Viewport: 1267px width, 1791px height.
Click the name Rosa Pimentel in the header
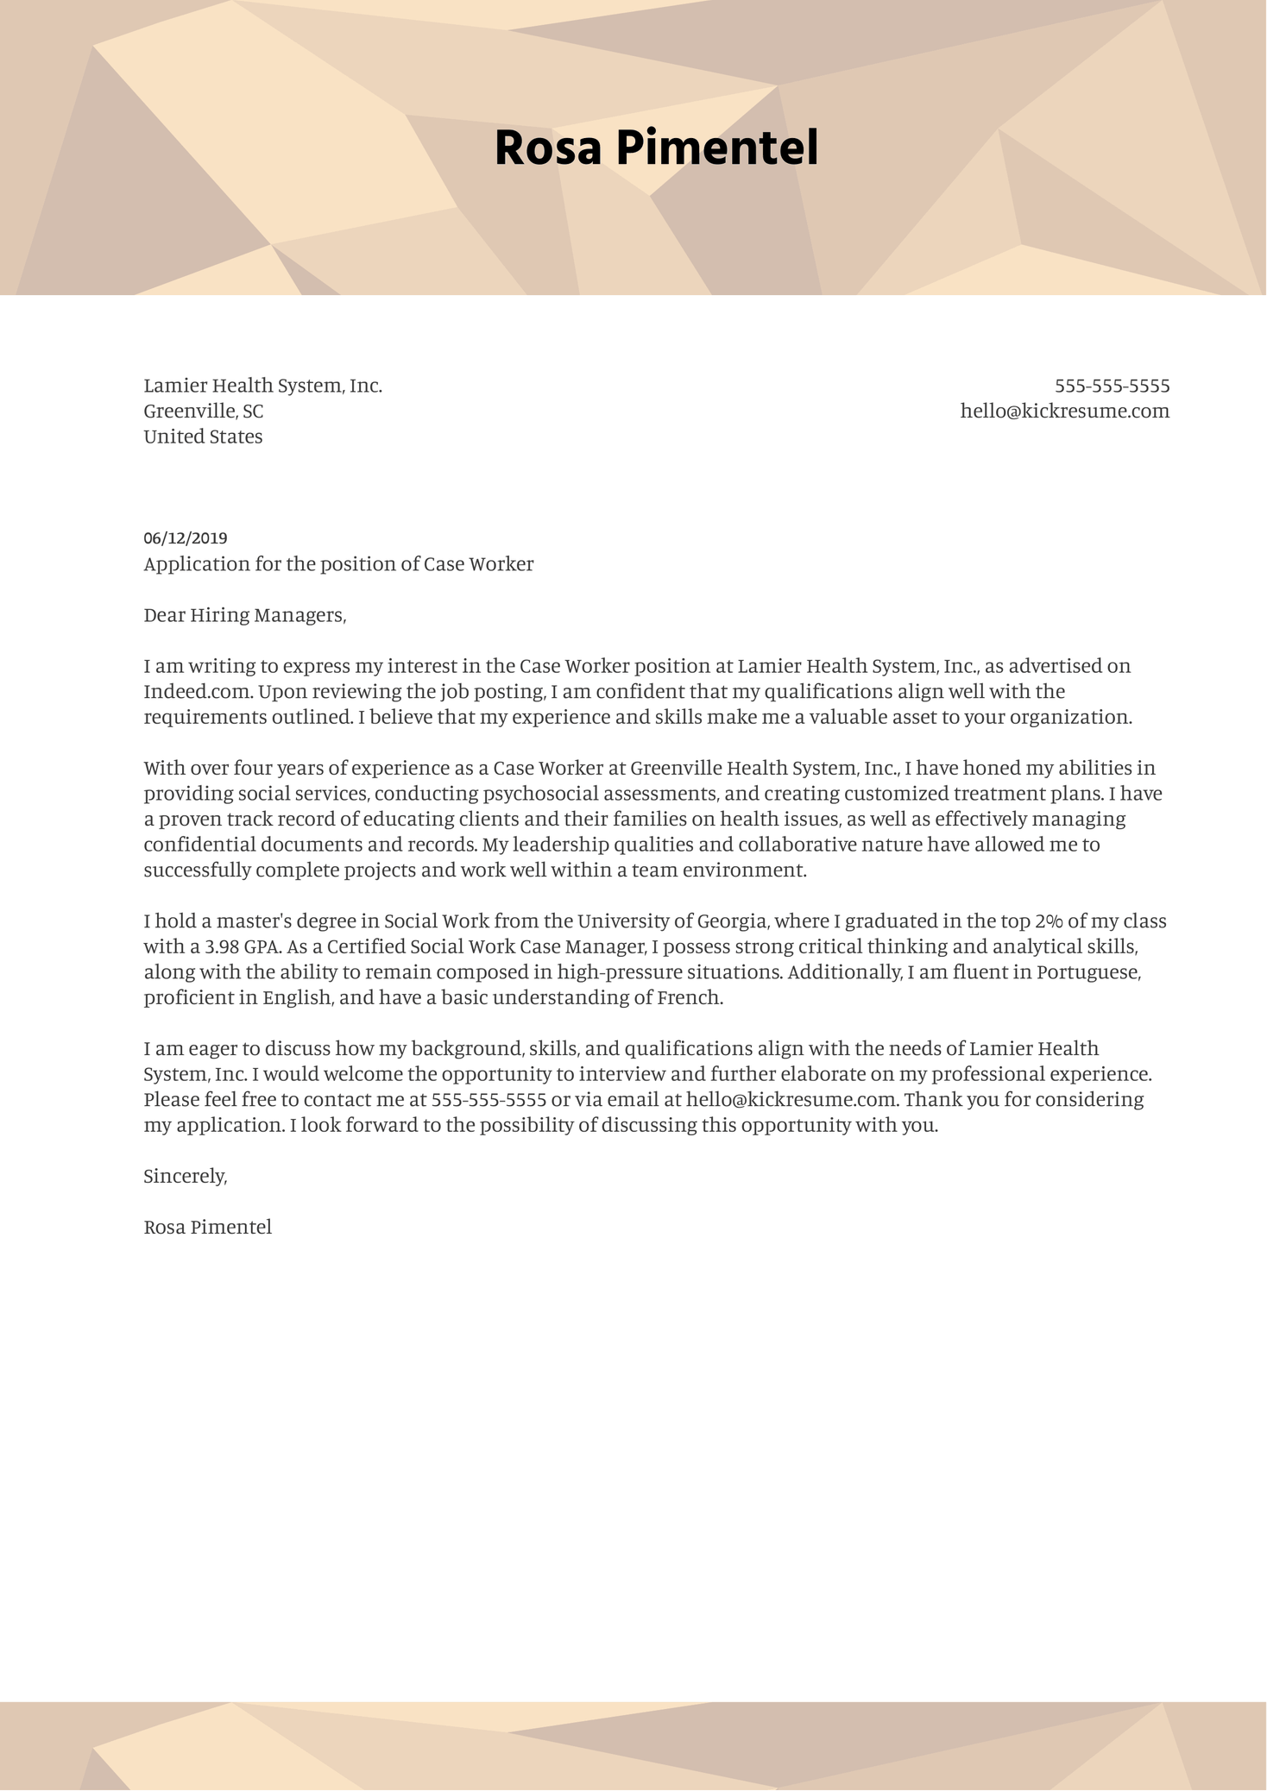[656, 148]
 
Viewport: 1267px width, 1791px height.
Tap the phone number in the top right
[1112, 386]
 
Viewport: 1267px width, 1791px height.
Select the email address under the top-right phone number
[1064, 412]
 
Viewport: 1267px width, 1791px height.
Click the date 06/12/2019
[186, 539]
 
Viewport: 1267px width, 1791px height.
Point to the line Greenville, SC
[204, 412]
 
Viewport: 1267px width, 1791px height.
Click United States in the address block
[203, 437]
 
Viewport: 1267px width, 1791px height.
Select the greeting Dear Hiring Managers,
[244, 616]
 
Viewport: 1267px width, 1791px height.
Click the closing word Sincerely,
[185, 1177]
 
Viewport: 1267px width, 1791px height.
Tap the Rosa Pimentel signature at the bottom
[207, 1228]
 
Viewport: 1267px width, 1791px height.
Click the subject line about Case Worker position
[338, 565]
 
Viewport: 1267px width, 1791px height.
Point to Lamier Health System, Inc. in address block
[262, 386]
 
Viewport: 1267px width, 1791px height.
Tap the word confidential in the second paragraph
[199, 845]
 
